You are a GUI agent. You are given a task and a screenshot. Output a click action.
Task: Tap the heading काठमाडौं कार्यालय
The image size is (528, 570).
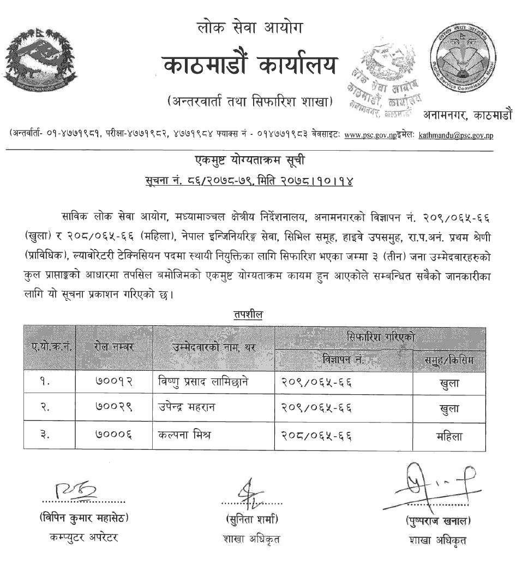click(250, 66)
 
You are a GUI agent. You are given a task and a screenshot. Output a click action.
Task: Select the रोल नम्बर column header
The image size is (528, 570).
click(115, 347)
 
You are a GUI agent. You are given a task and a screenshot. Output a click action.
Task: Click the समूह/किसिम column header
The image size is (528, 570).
click(449, 360)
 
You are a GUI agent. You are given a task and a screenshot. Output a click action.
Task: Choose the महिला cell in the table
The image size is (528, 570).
click(449, 436)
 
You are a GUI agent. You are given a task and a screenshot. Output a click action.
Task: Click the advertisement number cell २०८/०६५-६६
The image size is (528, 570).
click(316, 436)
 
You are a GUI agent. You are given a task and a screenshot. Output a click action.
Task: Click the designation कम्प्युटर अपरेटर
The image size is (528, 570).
click(83, 538)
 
